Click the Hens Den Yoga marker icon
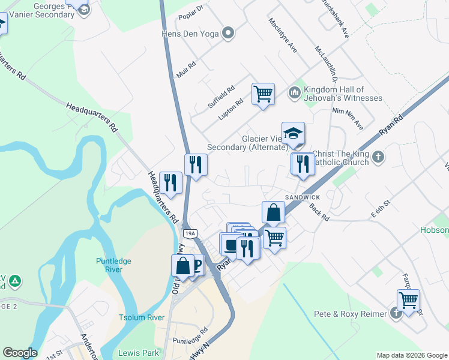coord(228,33)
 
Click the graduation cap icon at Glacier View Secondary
coord(293,134)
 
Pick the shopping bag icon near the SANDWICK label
coord(273,213)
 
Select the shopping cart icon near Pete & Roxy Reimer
coord(408,301)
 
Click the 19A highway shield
coord(190,233)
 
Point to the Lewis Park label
coord(139,353)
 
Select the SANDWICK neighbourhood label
coord(302,197)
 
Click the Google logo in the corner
coord(20,353)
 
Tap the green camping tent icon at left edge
coord(15,281)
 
